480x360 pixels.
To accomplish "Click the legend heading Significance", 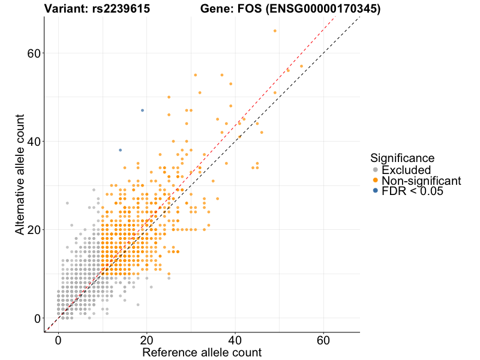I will pos(402,158).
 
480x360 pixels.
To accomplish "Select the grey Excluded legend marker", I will pos(376,170).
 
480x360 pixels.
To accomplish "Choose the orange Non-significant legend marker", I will pos(376,180).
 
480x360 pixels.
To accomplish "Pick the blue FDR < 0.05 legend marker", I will pos(376,191).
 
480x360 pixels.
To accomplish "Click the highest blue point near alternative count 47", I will pos(142,110).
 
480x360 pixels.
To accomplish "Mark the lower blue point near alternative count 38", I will pos(120,150).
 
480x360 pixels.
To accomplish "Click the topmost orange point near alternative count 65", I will pos(275,31).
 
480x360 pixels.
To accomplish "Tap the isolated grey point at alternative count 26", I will pos(67,203).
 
